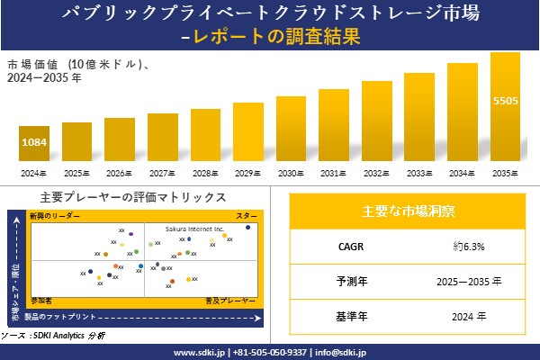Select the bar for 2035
click(505, 108)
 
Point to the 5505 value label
click(505, 101)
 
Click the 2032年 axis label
click(377, 173)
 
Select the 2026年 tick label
click(119, 173)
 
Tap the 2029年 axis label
click(248, 173)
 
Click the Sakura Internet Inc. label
click(193, 229)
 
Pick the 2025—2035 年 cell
click(464, 282)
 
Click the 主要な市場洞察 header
click(408, 212)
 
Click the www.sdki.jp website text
click(200, 352)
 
